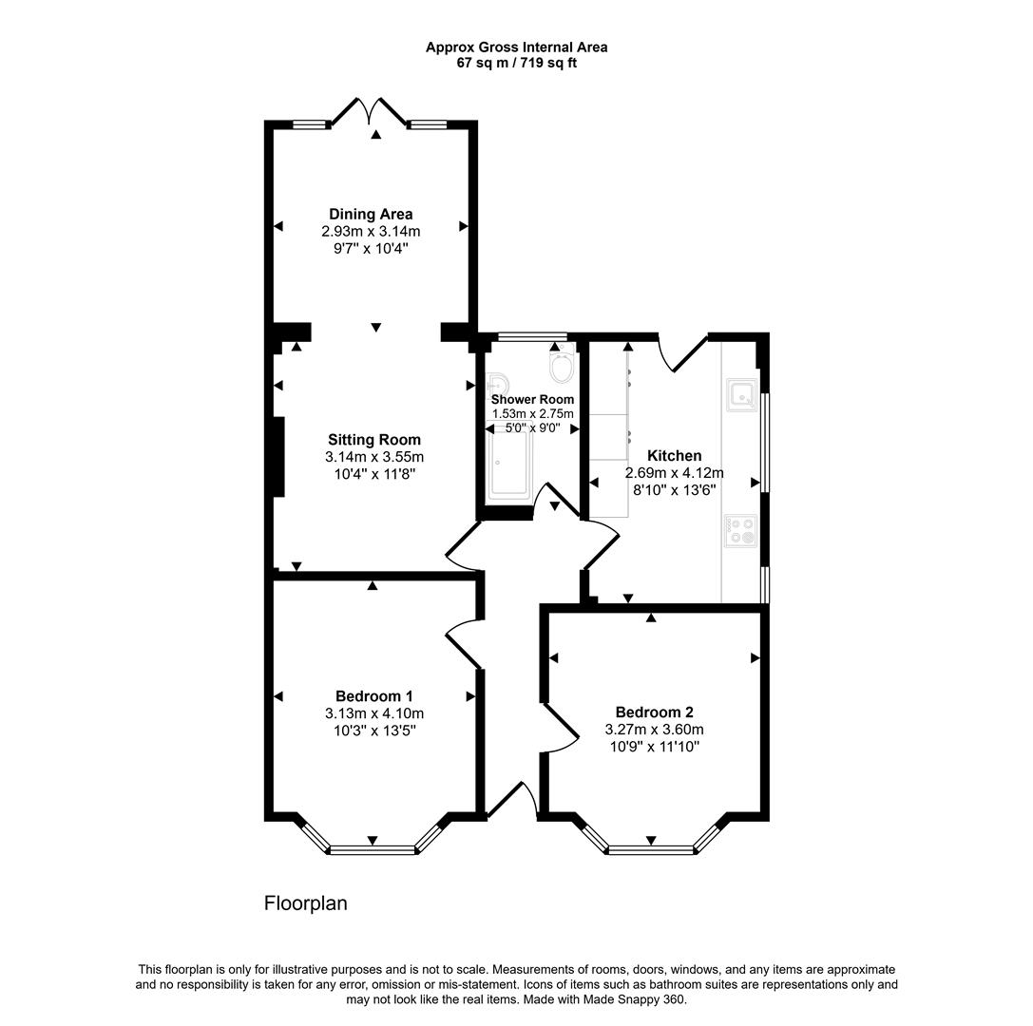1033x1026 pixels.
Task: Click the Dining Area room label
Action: tap(371, 214)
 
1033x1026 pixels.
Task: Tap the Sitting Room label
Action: tap(374, 440)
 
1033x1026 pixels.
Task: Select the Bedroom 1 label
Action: tap(374, 696)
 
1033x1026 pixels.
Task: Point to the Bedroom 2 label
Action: tap(654, 712)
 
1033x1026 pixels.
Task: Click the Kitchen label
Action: tap(674, 456)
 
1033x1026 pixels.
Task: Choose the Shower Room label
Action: tap(532, 400)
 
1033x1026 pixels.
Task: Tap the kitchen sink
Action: tap(741, 394)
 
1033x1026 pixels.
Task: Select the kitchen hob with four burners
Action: tap(741, 531)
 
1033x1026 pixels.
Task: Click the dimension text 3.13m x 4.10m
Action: tap(374, 713)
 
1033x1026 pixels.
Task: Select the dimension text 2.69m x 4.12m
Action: tap(674, 473)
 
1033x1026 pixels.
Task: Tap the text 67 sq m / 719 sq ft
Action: tap(517, 64)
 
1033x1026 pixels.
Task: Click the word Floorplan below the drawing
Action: tap(306, 902)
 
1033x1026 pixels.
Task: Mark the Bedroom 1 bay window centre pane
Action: tap(373, 849)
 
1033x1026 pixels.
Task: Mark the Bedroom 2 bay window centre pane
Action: tap(651, 849)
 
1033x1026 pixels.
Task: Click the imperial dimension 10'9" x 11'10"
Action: tap(654, 747)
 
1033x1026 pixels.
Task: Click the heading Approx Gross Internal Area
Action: tap(517, 47)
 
